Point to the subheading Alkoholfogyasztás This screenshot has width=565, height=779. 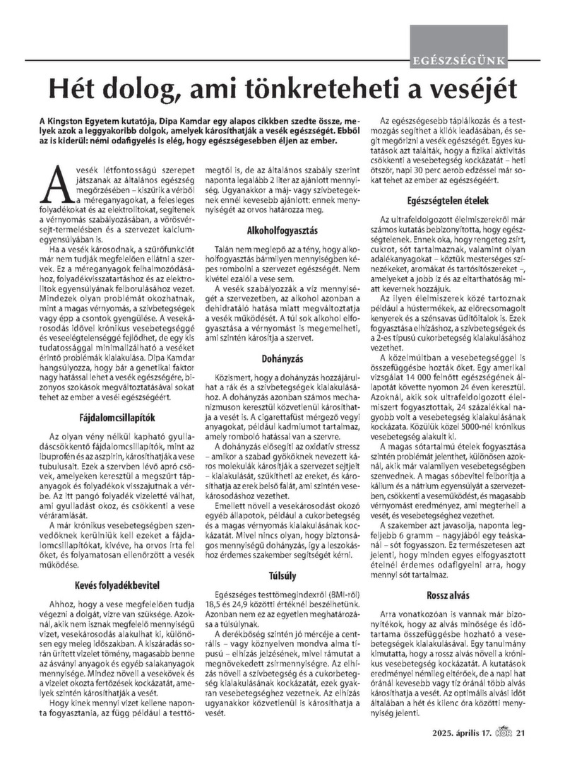(x=282, y=230)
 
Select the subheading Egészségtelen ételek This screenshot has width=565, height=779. (x=455, y=200)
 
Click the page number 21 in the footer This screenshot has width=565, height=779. (x=521, y=751)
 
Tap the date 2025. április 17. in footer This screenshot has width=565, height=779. (x=464, y=751)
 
